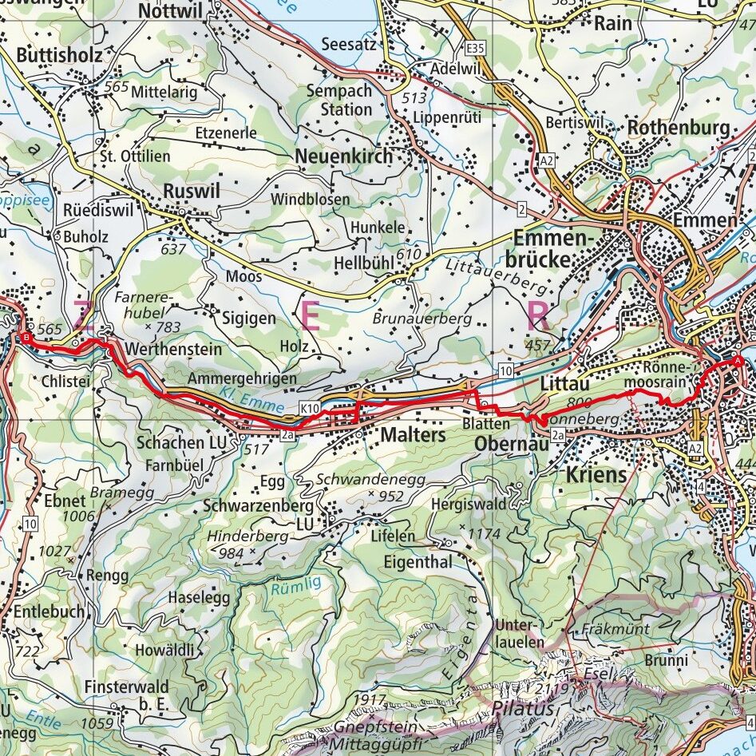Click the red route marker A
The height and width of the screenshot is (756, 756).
(x=737, y=362)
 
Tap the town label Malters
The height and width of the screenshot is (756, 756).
(x=413, y=435)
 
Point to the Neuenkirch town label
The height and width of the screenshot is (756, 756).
(x=344, y=156)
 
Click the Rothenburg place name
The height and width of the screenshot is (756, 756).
(x=679, y=128)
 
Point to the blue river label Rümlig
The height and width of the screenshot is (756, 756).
(x=295, y=584)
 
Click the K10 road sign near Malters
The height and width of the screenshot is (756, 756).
(x=311, y=409)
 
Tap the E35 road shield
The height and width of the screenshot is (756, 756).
(x=477, y=49)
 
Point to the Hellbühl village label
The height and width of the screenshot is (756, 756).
(x=368, y=263)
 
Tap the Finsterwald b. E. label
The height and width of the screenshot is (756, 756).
(x=125, y=695)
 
